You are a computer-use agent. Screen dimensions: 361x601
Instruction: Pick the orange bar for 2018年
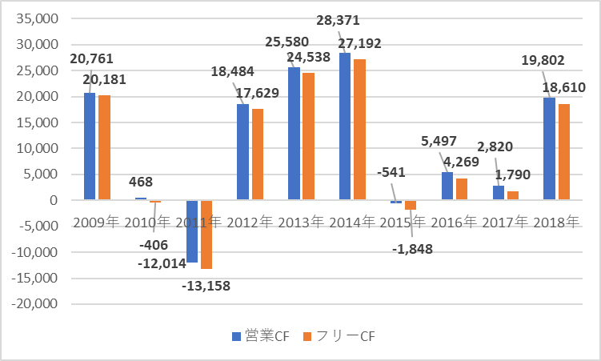coord(564,152)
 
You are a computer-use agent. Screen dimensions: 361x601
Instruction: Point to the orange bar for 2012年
coord(257,154)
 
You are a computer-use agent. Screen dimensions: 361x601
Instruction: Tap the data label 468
coord(140,183)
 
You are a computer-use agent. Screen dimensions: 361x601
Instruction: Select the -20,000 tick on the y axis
coord(35,304)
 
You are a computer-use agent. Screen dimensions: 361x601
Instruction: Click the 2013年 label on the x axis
coord(300,223)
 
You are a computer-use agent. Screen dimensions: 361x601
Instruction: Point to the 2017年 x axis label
coord(505,223)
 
